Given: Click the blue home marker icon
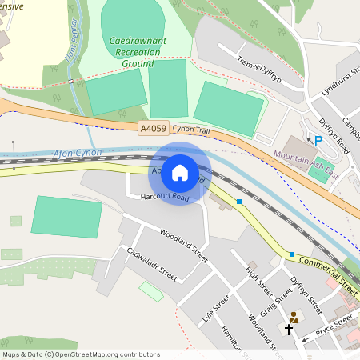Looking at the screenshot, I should pos(180,172).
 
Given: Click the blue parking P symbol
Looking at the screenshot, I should pos(318,140).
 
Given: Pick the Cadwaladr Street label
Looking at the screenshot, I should pos(152,263).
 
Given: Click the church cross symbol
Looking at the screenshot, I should pos(290,329).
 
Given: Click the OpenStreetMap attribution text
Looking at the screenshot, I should pos(80,354).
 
